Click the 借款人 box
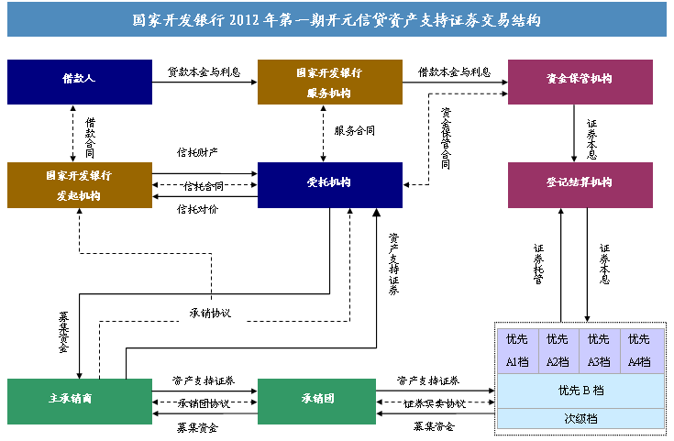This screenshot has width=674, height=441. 79,82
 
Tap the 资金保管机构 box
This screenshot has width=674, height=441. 580,82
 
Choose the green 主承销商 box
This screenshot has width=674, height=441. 79,401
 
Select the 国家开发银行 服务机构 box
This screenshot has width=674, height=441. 329,82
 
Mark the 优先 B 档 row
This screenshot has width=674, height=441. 580,391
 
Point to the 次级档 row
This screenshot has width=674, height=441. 580,418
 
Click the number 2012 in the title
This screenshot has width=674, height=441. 257,18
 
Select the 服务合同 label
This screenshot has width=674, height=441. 354,131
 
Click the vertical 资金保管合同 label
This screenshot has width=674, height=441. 447,138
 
